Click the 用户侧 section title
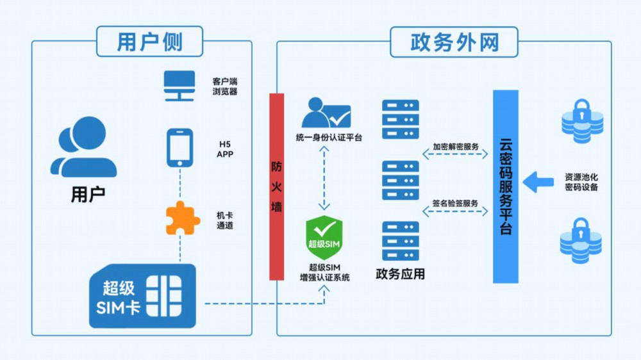tap(149, 42)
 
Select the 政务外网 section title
tap(454, 42)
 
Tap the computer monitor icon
tap(179, 86)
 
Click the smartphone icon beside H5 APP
tap(180, 148)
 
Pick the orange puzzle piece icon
tap(183, 218)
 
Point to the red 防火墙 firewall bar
tap(277, 187)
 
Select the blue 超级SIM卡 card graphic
tap(143, 296)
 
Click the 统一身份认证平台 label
tap(329, 138)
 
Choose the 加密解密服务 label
tap(455, 146)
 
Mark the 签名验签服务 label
tap(455, 203)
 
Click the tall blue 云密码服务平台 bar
tap(506, 187)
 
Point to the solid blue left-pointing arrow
tap(538, 182)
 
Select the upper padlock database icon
tap(582, 121)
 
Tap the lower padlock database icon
tap(581, 241)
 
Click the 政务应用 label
tap(400, 274)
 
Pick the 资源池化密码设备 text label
tap(581, 183)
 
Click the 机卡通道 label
tap(225, 220)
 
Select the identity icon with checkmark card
tap(326, 112)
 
